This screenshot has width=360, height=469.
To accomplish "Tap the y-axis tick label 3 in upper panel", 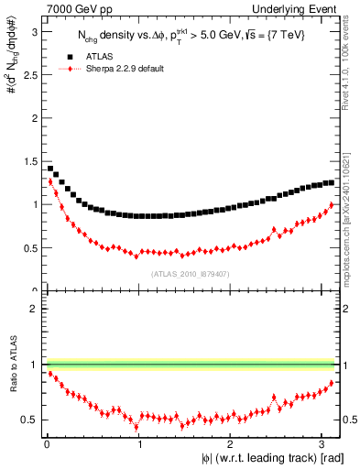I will [33, 31].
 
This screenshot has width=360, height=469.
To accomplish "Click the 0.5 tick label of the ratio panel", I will [29, 420].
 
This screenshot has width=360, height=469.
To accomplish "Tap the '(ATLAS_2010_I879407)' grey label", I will [191, 273].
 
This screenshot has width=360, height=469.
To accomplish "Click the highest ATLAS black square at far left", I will [49, 168].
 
